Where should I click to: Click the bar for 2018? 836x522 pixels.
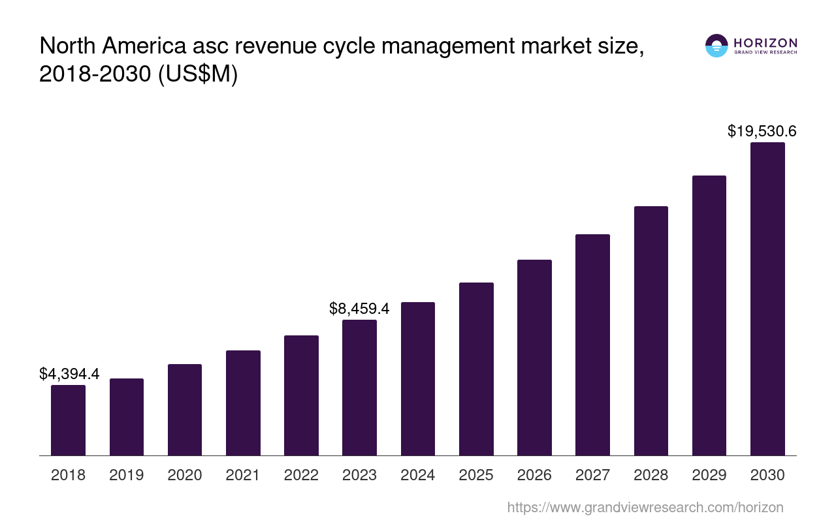(68, 420)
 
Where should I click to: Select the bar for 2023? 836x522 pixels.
(359, 388)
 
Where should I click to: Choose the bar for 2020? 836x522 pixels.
(185, 410)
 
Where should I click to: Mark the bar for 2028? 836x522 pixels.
(651, 331)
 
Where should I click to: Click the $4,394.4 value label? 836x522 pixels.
(69, 374)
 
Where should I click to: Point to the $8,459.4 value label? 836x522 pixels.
(359, 309)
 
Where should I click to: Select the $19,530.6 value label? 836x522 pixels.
(762, 131)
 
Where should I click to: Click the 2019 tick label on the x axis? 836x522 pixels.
(127, 475)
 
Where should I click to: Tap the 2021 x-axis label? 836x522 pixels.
(243, 475)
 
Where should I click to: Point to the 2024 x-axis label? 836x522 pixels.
(418, 475)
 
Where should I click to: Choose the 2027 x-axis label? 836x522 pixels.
(592, 475)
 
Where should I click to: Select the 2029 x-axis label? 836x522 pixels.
(709, 475)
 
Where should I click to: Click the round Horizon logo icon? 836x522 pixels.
(716, 46)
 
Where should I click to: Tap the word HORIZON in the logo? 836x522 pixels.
(765, 42)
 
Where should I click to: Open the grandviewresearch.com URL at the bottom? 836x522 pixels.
(645, 507)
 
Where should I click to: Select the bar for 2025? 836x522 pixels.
(476, 369)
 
